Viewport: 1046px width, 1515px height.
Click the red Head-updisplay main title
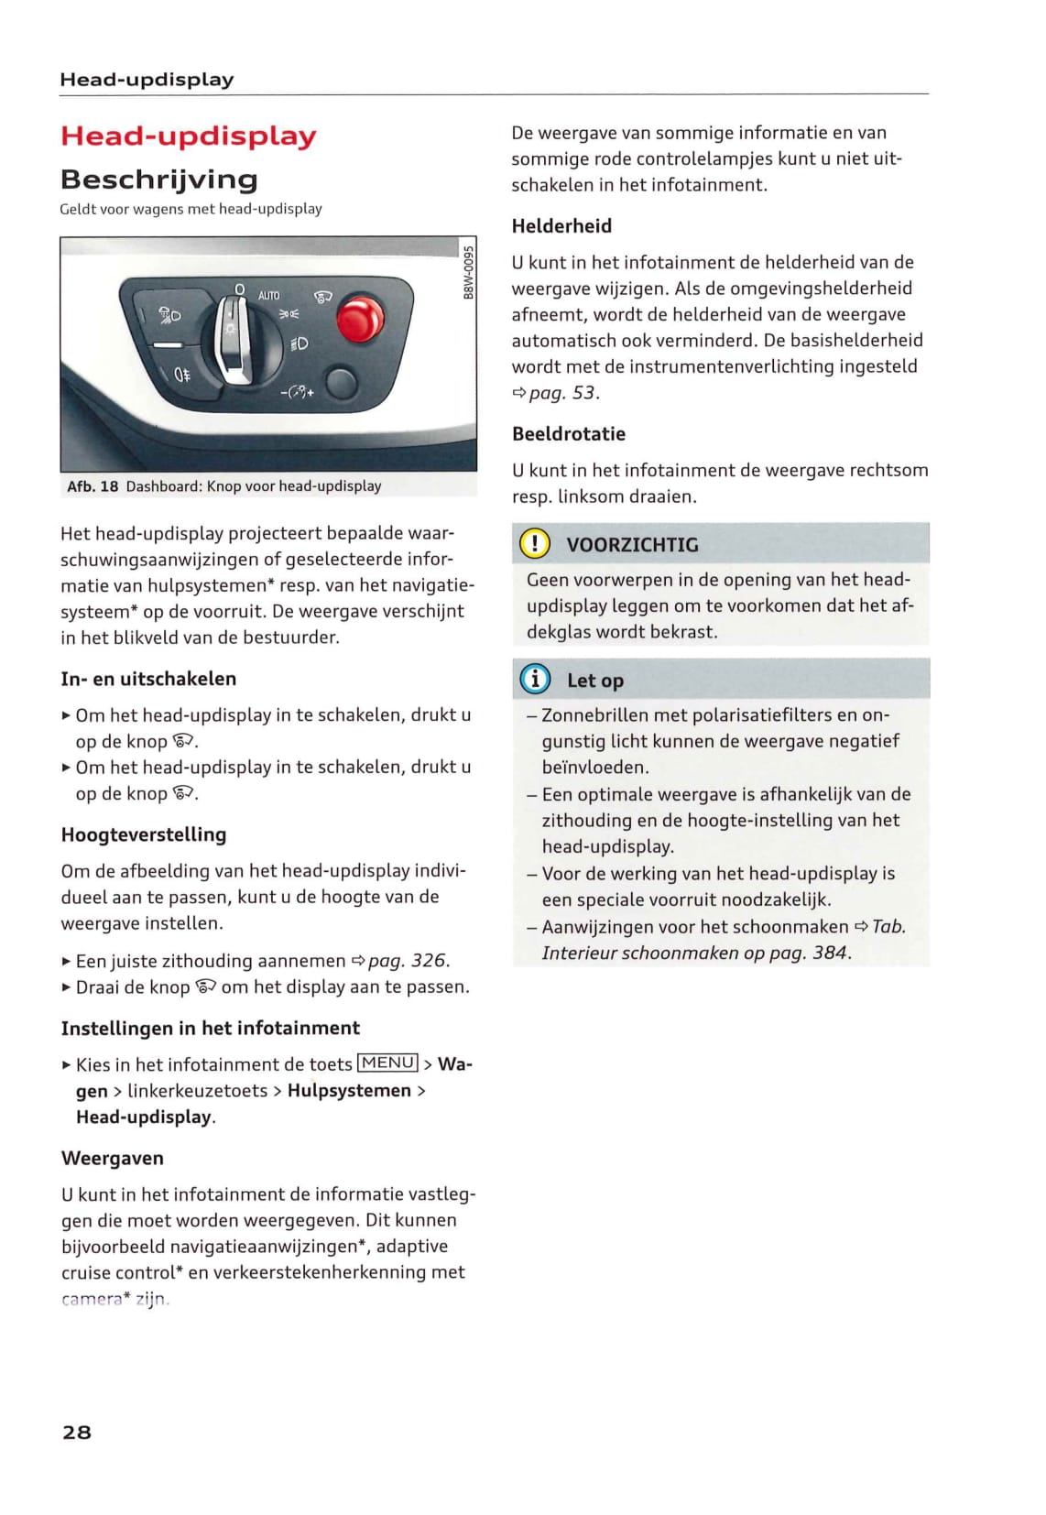tap(188, 136)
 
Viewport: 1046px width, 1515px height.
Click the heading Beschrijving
tap(158, 179)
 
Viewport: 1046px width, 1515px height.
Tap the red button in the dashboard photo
tap(359, 319)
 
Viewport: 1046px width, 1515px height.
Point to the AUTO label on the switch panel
tap(268, 295)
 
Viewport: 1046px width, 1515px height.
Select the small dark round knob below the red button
tap(341, 383)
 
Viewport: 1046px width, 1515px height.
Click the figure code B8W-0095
tap(468, 272)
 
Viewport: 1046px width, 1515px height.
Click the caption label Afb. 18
tap(93, 486)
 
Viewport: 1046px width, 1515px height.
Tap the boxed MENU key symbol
tap(387, 1063)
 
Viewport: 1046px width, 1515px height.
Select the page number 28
tap(77, 1433)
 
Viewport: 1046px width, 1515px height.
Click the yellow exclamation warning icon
tap(535, 544)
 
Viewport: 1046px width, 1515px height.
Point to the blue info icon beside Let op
tap(535, 680)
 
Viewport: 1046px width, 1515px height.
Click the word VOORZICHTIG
tap(632, 545)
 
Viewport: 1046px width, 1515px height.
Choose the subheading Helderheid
tap(561, 226)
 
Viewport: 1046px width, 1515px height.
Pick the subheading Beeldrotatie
tap(569, 434)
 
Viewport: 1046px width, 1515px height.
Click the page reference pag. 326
tap(408, 961)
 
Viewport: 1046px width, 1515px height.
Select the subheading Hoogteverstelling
tap(143, 834)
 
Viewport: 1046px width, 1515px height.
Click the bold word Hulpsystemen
tap(349, 1091)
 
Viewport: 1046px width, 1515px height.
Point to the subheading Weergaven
tap(113, 1159)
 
